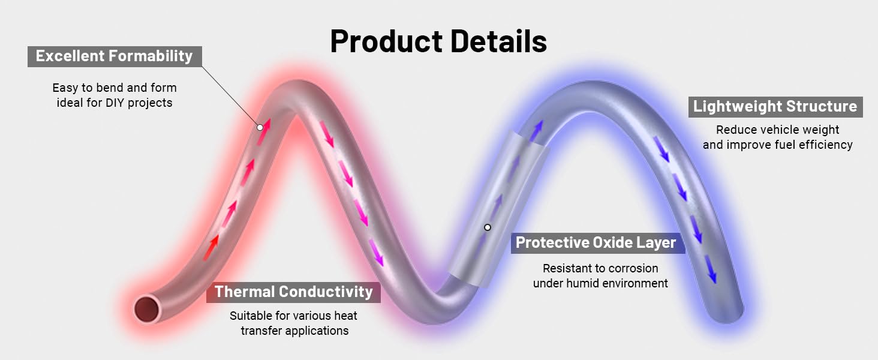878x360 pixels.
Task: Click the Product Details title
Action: tap(438, 41)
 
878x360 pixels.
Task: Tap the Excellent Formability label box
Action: tap(115, 56)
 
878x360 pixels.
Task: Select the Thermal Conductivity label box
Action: tap(293, 292)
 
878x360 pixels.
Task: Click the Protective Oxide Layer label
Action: tap(597, 243)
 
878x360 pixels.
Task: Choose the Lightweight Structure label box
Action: tap(775, 107)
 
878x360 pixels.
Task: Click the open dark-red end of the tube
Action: tap(146, 309)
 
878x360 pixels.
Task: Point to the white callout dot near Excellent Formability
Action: tap(260, 127)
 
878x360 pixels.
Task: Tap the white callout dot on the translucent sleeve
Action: tap(487, 227)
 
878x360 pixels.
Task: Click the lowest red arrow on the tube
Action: tap(211, 248)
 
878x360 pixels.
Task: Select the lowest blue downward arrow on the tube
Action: tap(711, 269)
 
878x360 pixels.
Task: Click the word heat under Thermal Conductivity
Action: tap(345, 316)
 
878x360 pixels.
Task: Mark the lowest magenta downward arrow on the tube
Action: tap(376, 253)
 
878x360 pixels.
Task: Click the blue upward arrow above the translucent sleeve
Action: tap(536, 131)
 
